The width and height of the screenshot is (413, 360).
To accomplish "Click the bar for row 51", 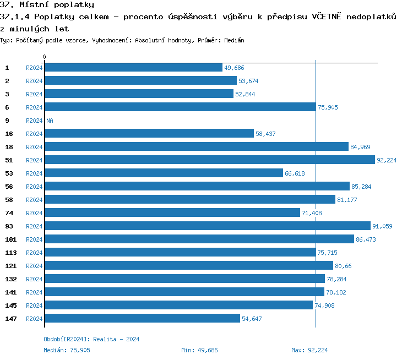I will click(209, 160).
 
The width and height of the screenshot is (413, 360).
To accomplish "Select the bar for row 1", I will click(133, 68).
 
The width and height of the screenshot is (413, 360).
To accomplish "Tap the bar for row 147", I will click(142, 319).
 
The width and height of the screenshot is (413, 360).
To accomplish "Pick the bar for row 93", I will click(207, 226).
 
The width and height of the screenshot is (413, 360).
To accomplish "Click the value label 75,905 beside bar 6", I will click(328, 107).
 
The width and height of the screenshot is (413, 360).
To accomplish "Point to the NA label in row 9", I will click(50, 121).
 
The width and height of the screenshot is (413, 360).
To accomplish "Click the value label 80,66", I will click(343, 266).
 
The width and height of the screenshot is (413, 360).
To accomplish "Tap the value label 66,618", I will click(295, 173).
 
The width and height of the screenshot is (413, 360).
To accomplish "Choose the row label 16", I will click(9, 134).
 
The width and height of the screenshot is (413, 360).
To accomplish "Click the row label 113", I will click(11, 253).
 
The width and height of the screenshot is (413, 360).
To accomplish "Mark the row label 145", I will click(11, 306).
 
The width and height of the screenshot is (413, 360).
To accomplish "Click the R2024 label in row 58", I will click(34, 200).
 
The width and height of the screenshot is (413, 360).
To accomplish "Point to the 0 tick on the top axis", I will click(45, 57).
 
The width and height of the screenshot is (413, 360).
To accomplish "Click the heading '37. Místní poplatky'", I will click(47, 5).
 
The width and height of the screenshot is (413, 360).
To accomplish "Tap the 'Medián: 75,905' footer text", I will click(67, 350).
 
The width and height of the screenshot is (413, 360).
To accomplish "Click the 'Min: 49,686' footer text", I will click(199, 350).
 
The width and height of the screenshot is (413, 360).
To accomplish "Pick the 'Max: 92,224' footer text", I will click(309, 350).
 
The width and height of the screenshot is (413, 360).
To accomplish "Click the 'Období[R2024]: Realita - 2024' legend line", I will click(91, 339).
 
